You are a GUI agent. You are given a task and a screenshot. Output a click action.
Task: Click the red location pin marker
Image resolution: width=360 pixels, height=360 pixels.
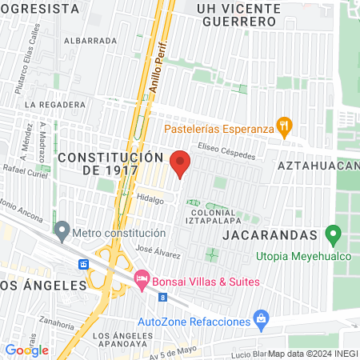click(181, 162)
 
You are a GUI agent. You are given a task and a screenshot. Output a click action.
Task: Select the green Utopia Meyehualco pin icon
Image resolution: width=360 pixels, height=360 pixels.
click(335, 236)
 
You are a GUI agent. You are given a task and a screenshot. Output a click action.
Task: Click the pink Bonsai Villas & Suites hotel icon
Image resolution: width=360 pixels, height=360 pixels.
click(142, 281)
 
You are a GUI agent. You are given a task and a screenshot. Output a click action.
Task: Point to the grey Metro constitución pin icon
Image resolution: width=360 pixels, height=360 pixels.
click(62, 231)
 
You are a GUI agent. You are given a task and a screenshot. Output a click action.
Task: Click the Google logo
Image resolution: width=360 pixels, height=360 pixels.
click(26, 350)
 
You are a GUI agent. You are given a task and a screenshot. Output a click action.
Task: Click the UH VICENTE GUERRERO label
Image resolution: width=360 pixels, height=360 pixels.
click(238, 15)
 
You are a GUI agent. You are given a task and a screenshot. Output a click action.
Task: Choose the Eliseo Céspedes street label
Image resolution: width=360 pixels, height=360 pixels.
click(226, 153)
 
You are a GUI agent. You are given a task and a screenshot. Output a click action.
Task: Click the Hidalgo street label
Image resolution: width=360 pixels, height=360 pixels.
click(150, 197)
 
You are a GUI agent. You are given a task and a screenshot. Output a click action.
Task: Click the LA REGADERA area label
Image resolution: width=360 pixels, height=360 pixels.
click(54, 104)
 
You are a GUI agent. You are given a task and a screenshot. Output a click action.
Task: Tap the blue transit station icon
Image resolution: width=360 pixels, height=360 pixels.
click(83, 264)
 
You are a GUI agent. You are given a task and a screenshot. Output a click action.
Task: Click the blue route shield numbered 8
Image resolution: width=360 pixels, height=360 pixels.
click(162, 297)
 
